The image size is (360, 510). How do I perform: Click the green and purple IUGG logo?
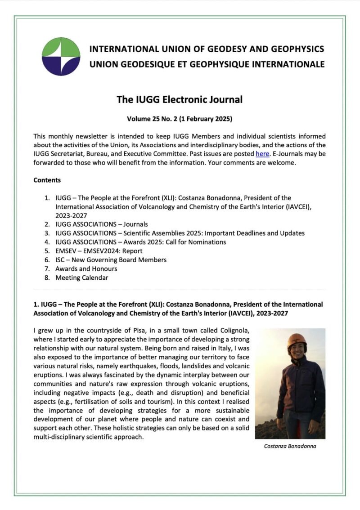tap(61, 56)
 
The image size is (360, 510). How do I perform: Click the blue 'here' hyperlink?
tap(262, 154)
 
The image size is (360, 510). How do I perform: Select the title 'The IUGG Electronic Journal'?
tap(180, 99)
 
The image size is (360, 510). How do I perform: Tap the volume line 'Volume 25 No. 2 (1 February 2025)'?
tap(180, 120)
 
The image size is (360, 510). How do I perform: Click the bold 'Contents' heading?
tap(47, 180)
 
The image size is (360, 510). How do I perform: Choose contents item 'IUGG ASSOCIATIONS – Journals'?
tap(101, 224)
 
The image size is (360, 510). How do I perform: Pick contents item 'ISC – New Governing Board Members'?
tap(111, 260)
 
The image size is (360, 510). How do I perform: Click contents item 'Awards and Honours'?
tap(86, 269)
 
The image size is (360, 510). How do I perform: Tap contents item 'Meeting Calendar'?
tap(81, 278)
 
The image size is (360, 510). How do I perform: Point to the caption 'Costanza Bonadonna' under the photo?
tap(290, 447)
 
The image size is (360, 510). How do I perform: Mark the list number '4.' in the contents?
tap(47, 242)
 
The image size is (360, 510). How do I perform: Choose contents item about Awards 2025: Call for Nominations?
tap(140, 242)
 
